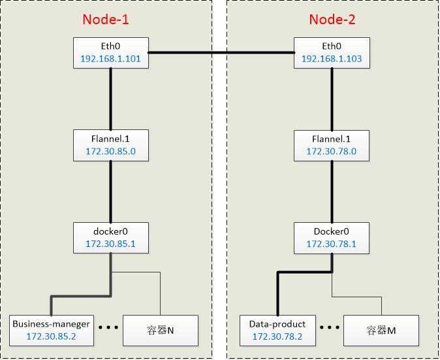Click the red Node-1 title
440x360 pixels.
[106, 20]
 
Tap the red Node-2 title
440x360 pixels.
[332, 20]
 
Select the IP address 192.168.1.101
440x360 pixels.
[110, 59]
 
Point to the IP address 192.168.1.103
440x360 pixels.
[332, 59]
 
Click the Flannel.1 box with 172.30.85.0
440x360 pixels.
[111, 146]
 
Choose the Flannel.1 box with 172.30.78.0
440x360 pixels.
[332, 146]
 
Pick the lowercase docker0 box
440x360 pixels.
[111, 238]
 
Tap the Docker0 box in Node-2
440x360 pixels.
[332, 238]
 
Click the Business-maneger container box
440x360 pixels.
[52, 331]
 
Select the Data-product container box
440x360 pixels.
[277, 331]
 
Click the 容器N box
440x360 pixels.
[161, 331]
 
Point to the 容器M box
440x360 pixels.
[381, 331]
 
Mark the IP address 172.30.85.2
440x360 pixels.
[51, 336]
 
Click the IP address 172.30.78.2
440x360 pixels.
[277, 336]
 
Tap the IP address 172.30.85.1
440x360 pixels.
[110, 244]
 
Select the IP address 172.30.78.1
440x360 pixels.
[332, 244]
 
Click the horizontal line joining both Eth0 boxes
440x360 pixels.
[221, 52]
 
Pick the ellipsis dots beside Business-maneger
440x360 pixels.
[108, 327]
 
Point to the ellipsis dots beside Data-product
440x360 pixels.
[330, 327]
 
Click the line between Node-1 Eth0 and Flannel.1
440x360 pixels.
[110, 99]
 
